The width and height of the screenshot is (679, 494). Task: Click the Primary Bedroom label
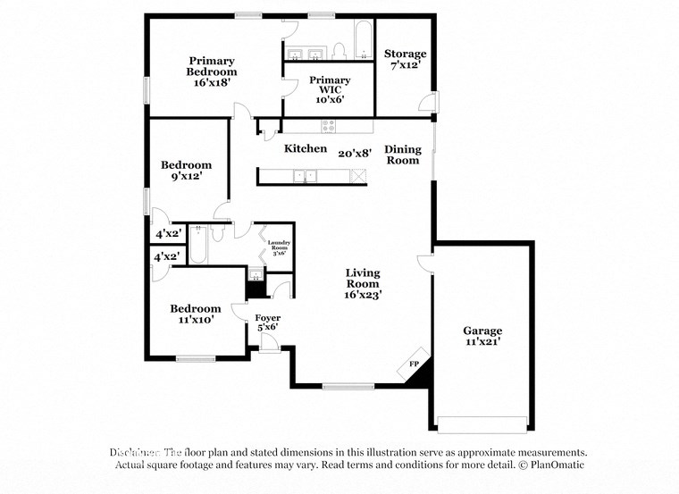(x=212, y=71)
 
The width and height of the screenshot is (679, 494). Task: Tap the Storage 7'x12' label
(x=405, y=59)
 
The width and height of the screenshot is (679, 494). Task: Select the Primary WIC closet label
(x=330, y=89)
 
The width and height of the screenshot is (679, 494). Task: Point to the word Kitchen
(x=306, y=148)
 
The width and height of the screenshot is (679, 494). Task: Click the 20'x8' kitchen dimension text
(x=354, y=153)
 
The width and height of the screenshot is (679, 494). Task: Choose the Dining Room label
(x=402, y=155)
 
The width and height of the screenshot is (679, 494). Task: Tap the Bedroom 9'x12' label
(x=186, y=170)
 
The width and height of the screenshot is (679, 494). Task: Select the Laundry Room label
(x=279, y=247)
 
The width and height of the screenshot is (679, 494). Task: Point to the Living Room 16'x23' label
(x=364, y=283)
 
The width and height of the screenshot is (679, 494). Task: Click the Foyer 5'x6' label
(x=267, y=322)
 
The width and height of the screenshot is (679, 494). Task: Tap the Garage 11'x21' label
(x=482, y=335)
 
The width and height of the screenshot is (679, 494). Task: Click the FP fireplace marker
(x=414, y=364)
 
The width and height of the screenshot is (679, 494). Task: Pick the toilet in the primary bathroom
(x=339, y=50)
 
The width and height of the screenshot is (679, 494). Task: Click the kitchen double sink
(x=306, y=176)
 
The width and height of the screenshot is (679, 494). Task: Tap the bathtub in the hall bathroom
(x=199, y=246)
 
